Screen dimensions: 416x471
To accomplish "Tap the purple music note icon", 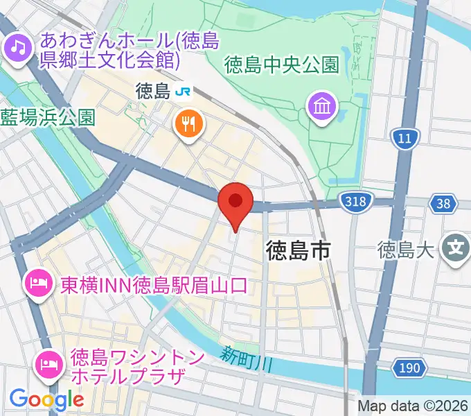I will tap(16, 48).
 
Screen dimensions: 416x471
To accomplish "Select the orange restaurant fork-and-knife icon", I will tap(188, 124).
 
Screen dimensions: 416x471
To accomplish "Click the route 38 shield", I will tap(443, 203).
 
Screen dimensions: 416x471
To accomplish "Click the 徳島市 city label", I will tap(298, 251).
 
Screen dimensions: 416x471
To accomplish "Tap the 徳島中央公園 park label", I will tap(282, 65).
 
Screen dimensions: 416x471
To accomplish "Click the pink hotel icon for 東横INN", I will tap(37, 282).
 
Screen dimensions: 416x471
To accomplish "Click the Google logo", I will tap(46, 399).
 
